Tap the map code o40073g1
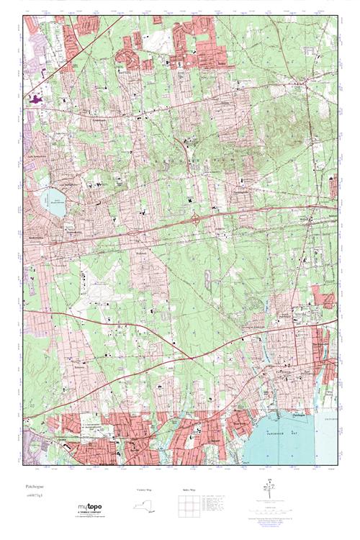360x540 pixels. coord(33,498)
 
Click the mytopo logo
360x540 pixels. coord(89,507)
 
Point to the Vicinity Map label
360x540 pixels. coord(145,490)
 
